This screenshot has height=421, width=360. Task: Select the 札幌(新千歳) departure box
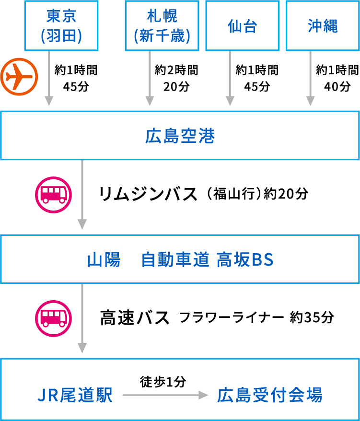click(x=162, y=25)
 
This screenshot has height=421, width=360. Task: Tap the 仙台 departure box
click(x=242, y=26)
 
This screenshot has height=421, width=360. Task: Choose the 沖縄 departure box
click(x=323, y=26)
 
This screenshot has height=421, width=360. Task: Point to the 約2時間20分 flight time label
click(x=176, y=78)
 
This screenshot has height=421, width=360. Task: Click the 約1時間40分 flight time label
click(x=337, y=78)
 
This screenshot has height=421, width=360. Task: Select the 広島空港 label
click(x=180, y=137)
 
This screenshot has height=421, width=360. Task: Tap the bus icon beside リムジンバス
click(x=53, y=194)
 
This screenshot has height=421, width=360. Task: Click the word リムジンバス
click(x=148, y=194)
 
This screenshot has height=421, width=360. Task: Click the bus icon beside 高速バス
click(x=53, y=318)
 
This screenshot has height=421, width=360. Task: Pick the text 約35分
click(x=312, y=318)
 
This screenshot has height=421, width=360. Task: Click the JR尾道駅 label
click(x=75, y=396)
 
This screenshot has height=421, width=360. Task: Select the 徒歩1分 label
click(x=163, y=382)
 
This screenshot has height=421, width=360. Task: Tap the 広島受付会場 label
click(x=269, y=396)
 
